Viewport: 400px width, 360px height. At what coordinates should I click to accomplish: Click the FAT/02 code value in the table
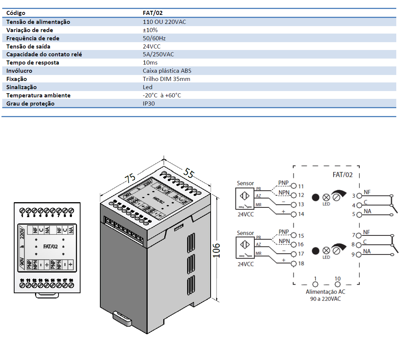click(152, 13)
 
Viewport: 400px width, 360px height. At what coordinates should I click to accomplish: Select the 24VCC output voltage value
click(152, 47)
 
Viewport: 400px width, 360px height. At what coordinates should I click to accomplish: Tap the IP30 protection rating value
click(148, 104)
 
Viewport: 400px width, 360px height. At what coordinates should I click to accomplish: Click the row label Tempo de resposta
click(33, 63)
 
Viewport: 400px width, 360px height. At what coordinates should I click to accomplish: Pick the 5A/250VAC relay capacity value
click(158, 54)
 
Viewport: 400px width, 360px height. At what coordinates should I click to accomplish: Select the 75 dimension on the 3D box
click(130, 178)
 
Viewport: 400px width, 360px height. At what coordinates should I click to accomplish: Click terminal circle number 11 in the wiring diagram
click(294, 186)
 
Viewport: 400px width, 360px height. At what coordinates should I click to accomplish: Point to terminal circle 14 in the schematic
click(294, 215)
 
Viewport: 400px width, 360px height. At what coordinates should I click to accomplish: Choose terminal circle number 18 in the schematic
click(294, 264)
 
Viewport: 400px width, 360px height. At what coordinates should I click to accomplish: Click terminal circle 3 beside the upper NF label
click(359, 195)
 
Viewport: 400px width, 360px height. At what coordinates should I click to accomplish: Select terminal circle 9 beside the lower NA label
click(359, 255)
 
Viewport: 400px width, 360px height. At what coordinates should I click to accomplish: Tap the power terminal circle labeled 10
click(337, 285)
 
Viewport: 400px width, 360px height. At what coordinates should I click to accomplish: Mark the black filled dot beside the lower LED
click(315, 250)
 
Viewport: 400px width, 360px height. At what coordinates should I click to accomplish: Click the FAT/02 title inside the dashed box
click(342, 175)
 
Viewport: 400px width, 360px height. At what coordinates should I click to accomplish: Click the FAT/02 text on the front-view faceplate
click(50, 247)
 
